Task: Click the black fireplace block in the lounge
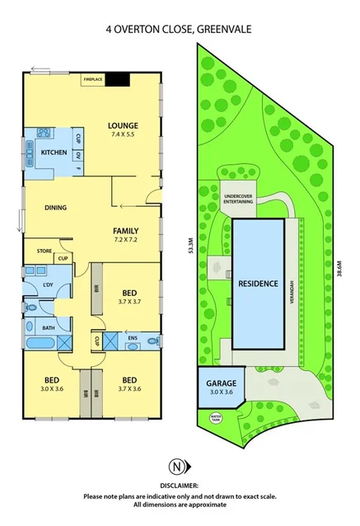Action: [x=120, y=79]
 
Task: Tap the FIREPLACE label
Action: [x=92, y=79]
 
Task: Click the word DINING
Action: [x=55, y=208]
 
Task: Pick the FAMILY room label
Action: [x=125, y=230]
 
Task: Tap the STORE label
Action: [x=44, y=251]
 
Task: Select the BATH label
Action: [x=49, y=327]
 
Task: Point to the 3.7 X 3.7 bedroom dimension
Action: [x=129, y=303]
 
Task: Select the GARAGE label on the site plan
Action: [x=221, y=384]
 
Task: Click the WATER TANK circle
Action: [x=217, y=417]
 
